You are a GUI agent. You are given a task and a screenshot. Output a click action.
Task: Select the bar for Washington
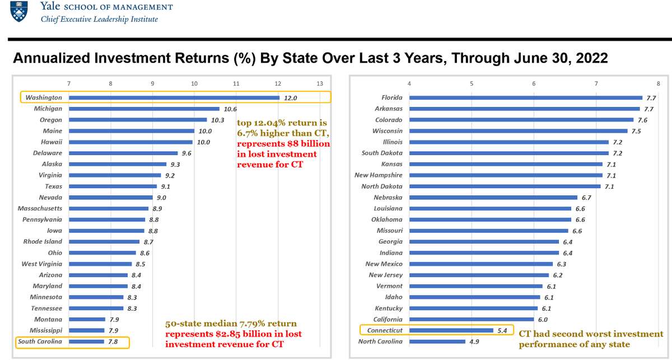point(174,97)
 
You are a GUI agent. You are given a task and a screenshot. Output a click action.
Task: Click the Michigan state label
point(48,109)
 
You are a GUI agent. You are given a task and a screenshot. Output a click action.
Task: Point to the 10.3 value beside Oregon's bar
point(217,120)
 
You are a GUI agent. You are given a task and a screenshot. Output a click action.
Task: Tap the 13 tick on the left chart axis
point(319,84)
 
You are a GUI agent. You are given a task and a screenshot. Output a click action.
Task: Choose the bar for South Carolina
point(86,342)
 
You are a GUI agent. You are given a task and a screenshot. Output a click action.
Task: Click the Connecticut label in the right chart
point(385,330)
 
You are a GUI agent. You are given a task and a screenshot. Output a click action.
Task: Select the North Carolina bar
point(437,342)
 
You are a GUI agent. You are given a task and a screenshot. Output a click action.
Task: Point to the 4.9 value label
point(474,342)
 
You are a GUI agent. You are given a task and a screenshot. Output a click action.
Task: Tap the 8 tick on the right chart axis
point(658,84)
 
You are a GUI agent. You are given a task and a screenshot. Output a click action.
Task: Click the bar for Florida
point(525,97)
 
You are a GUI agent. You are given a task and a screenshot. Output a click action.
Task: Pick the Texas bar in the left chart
point(113,186)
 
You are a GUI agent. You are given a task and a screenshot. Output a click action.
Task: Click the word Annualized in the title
point(50,58)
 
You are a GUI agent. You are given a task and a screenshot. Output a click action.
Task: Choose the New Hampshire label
point(379,175)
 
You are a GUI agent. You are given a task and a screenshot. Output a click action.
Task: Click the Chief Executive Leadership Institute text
point(99,19)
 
